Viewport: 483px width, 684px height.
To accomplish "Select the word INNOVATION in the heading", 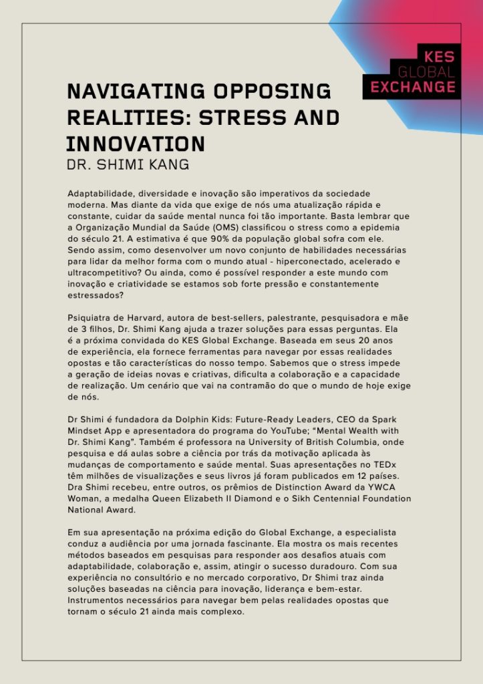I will coord(135,144).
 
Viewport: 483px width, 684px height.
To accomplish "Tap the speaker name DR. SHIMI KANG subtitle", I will coord(127,164).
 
